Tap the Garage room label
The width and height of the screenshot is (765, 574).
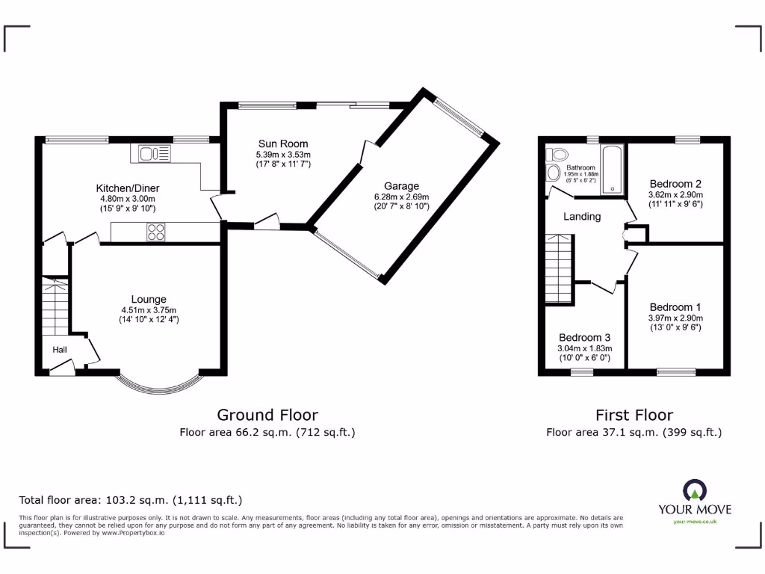pos(401,186)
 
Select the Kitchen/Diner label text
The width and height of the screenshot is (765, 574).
pos(127,188)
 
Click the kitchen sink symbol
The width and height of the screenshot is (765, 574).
pos(154,154)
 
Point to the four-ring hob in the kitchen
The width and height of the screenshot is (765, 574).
pos(155,232)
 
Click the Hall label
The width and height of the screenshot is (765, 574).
pos(61,350)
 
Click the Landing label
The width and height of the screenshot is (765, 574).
pos(582,217)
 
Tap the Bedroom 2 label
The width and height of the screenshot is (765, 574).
pos(675,184)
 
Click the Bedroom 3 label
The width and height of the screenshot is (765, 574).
pos(584,337)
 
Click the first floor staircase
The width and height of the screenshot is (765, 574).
pos(558,268)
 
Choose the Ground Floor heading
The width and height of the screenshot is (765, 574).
pos(267,415)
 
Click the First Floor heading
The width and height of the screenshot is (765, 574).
pos(634,415)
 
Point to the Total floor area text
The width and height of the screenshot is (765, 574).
pos(130,500)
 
